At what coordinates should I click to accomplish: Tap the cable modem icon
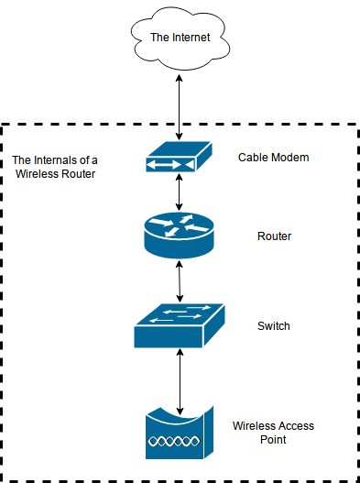179,159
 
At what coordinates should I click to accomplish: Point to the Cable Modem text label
274,158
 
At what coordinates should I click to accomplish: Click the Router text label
274,236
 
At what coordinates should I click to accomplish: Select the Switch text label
274,325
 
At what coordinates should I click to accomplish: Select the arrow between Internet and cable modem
180,104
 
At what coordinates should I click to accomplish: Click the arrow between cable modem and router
180,192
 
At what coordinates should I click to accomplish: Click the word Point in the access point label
273,440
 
